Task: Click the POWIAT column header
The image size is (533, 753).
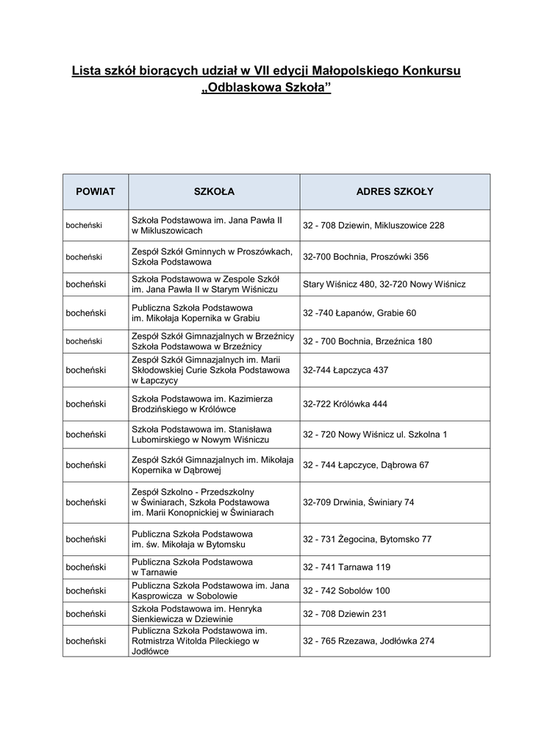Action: [x=96, y=192]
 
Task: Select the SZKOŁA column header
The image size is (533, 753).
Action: [x=214, y=192]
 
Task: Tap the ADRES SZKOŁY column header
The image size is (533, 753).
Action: [x=395, y=192]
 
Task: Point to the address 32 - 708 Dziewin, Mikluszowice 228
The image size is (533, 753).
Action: [x=373, y=225]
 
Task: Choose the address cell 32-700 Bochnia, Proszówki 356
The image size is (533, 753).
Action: [x=365, y=257]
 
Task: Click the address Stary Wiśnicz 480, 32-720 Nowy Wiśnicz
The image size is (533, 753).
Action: [x=384, y=284]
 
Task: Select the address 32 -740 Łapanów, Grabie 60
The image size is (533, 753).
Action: [x=359, y=313]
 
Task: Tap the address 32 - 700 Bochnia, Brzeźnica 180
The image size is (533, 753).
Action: [x=368, y=341]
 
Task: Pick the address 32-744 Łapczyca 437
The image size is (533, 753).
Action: [x=346, y=370]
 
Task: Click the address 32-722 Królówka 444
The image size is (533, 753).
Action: [x=345, y=404]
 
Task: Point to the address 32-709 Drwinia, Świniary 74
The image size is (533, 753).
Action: [x=359, y=502]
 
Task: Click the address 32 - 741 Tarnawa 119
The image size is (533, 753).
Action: [x=347, y=567]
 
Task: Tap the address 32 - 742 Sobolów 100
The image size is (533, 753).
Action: [x=346, y=590]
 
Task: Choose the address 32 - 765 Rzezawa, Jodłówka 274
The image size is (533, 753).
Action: [x=369, y=640]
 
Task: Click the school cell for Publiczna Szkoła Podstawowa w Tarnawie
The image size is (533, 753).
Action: [x=192, y=567]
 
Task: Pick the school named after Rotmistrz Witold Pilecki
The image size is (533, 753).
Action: [x=198, y=640]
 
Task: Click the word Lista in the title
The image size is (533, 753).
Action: [x=86, y=71]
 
